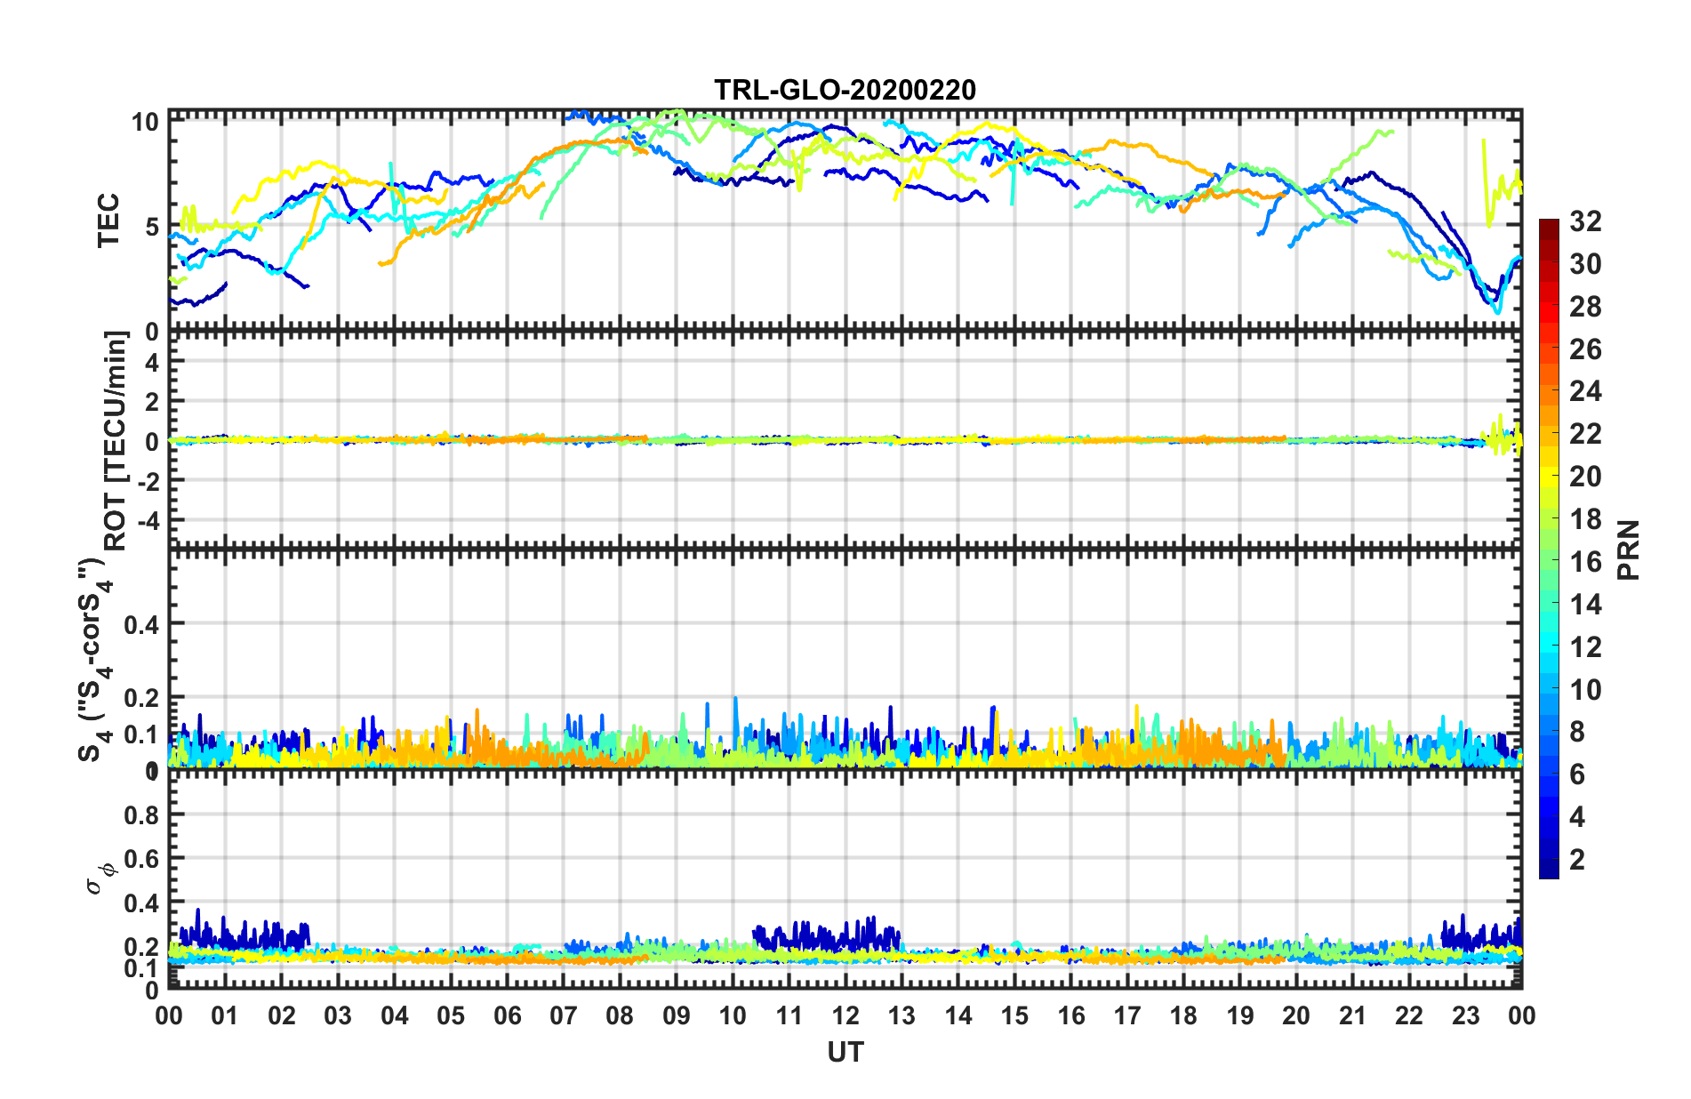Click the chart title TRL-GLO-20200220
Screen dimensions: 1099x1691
click(845, 90)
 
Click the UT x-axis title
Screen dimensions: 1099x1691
click(845, 1053)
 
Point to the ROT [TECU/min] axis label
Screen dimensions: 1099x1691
click(116, 441)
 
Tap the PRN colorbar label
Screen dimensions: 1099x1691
click(1629, 550)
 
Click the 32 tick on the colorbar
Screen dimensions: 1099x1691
click(1585, 221)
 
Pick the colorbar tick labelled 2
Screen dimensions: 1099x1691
click(1577, 860)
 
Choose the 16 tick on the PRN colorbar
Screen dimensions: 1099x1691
click(1585, 562)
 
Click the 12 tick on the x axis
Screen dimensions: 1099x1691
click(845, 1016)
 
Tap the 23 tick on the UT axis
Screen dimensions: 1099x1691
click(1465, 1016)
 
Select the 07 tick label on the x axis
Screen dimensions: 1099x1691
click(564, 1016)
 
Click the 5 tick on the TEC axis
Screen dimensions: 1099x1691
click(152, 227)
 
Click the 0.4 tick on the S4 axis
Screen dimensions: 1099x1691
click(141, 625)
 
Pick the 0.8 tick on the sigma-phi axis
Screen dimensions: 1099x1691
click(141, 815)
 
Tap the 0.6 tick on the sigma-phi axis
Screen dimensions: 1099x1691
click(141, 859)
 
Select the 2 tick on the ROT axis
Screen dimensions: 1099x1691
click(152, 402)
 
